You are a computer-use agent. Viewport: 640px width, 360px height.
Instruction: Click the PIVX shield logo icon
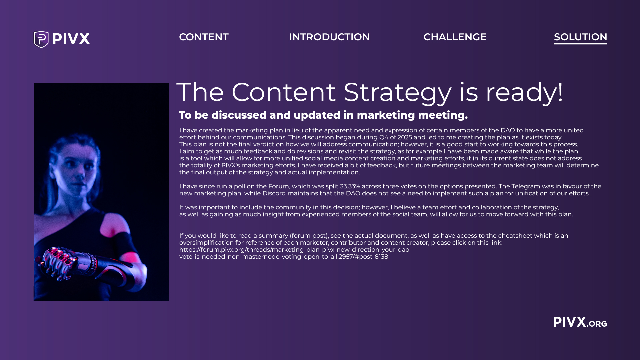coord(41,39)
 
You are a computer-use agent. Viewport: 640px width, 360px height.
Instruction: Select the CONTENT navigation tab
coord(204,37)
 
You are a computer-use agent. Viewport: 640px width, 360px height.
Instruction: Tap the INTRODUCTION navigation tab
coord(329,37)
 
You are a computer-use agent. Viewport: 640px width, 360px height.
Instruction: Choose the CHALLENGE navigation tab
coord(455,37)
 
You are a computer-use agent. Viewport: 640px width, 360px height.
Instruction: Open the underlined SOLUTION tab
coord(580,37)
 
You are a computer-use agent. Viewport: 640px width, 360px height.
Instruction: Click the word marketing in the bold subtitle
coord(386,115)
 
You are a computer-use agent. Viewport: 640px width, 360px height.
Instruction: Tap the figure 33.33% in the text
coord(350,186)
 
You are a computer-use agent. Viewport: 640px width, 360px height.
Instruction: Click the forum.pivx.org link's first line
coord(295,250)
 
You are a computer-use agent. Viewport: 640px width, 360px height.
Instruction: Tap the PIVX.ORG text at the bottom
coord(580,322)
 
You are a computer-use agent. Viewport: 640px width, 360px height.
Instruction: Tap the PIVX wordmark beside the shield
coord(71,39)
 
